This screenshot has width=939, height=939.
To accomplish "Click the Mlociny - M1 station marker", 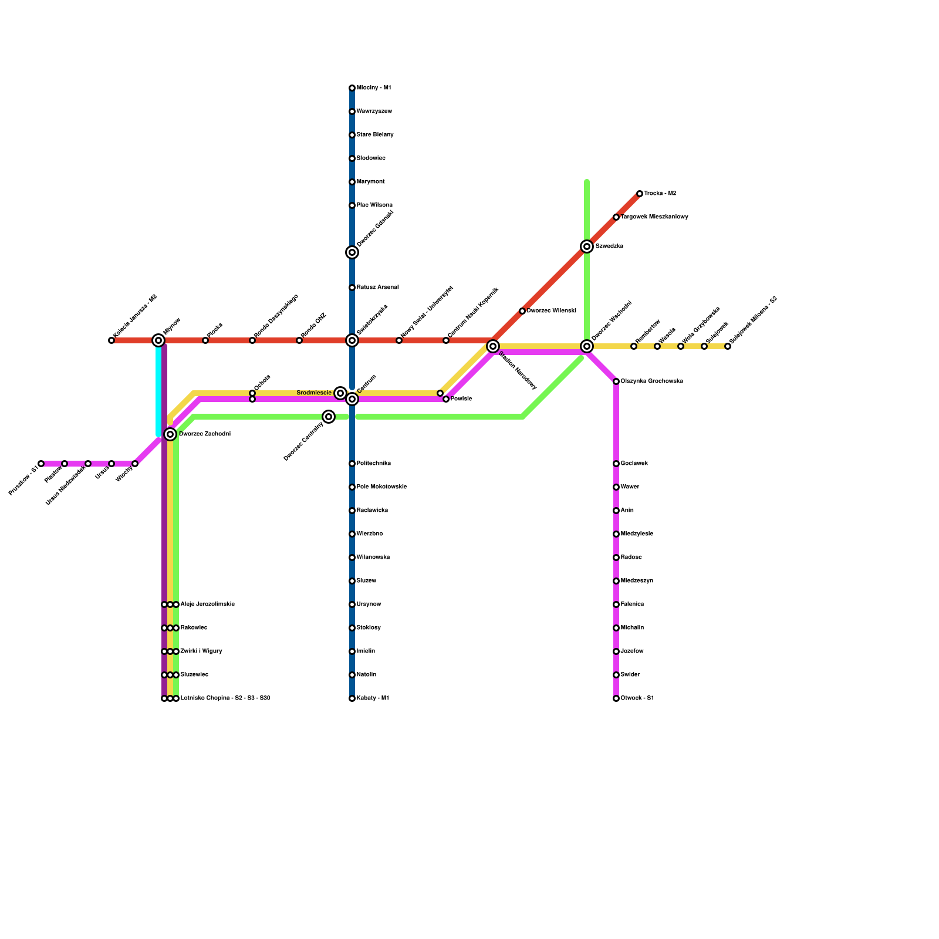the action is (352, 88).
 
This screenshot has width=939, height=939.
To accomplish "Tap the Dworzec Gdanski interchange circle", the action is (352, 252).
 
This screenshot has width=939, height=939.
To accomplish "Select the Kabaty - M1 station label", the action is (373, 698).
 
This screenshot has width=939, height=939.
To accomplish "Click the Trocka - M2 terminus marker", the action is (640, 194).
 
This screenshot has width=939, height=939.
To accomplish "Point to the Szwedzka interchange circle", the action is (587, 246).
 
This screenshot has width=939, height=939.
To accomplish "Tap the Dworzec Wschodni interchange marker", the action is (587, 346).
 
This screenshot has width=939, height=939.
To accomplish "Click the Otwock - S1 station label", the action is (637, 698).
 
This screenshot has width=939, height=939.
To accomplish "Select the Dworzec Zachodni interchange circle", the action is (170, 434).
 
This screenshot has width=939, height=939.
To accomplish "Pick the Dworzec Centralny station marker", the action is (329, 417).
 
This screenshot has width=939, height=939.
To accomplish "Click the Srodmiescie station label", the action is (314, 393).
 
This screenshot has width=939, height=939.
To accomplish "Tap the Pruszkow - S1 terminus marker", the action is (41, 464).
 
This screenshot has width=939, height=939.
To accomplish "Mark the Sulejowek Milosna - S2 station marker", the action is (728, 346).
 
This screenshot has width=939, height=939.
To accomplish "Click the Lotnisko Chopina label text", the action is (225, 698).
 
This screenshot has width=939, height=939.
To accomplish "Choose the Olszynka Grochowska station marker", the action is (616, 381).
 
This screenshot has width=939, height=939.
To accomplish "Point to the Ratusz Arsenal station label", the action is (378, 288).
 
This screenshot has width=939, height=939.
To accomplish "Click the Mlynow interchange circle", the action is (158, 340).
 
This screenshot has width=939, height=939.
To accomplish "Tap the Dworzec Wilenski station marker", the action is (522, 311).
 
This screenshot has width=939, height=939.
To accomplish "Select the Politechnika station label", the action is (374, 464).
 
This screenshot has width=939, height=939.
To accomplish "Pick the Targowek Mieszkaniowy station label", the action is (654, 217).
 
